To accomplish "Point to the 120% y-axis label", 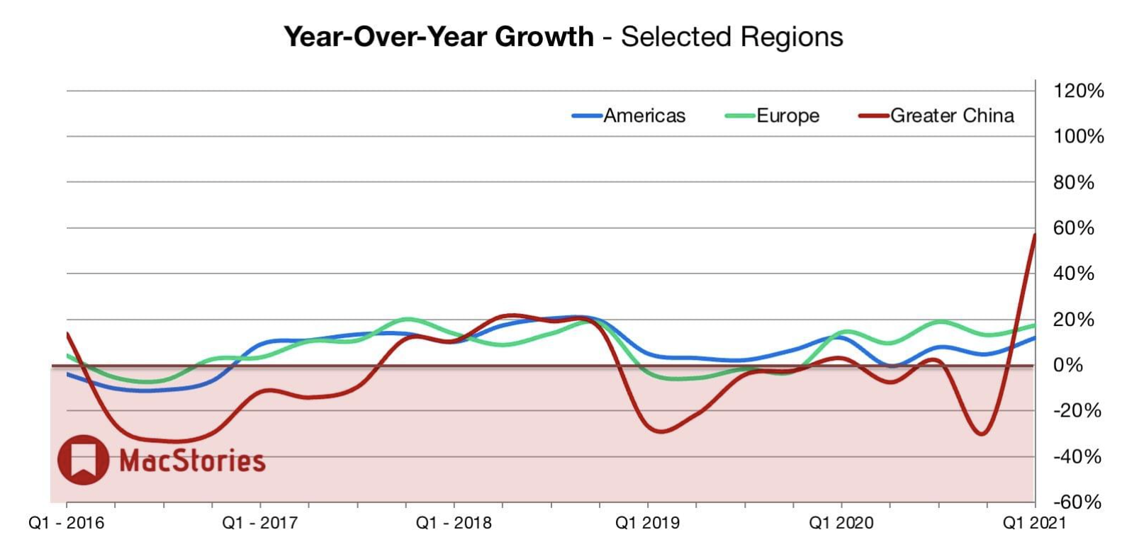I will coord(1078,91).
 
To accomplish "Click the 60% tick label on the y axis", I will coord(1074,228).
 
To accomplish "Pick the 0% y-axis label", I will coord(1068,365).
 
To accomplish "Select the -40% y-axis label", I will coord(1077,456).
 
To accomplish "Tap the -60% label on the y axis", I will coord(1077,502).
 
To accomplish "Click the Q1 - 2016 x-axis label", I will coord(66,524).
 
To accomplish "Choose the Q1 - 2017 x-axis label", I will coord(259,524).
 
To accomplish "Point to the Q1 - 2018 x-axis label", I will coord(454,524).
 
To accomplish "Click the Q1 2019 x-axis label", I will coord(647,524).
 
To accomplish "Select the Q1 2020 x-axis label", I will coord(841,524).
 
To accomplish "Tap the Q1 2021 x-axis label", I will coord(1034,524).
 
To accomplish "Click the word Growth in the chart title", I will coord(544,37).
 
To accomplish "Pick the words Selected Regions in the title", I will coord(732,37).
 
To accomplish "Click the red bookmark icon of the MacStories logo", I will coord(84,460).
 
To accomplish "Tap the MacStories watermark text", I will coord(192,461).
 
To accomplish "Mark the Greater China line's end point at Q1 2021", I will coord(1035,235).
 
